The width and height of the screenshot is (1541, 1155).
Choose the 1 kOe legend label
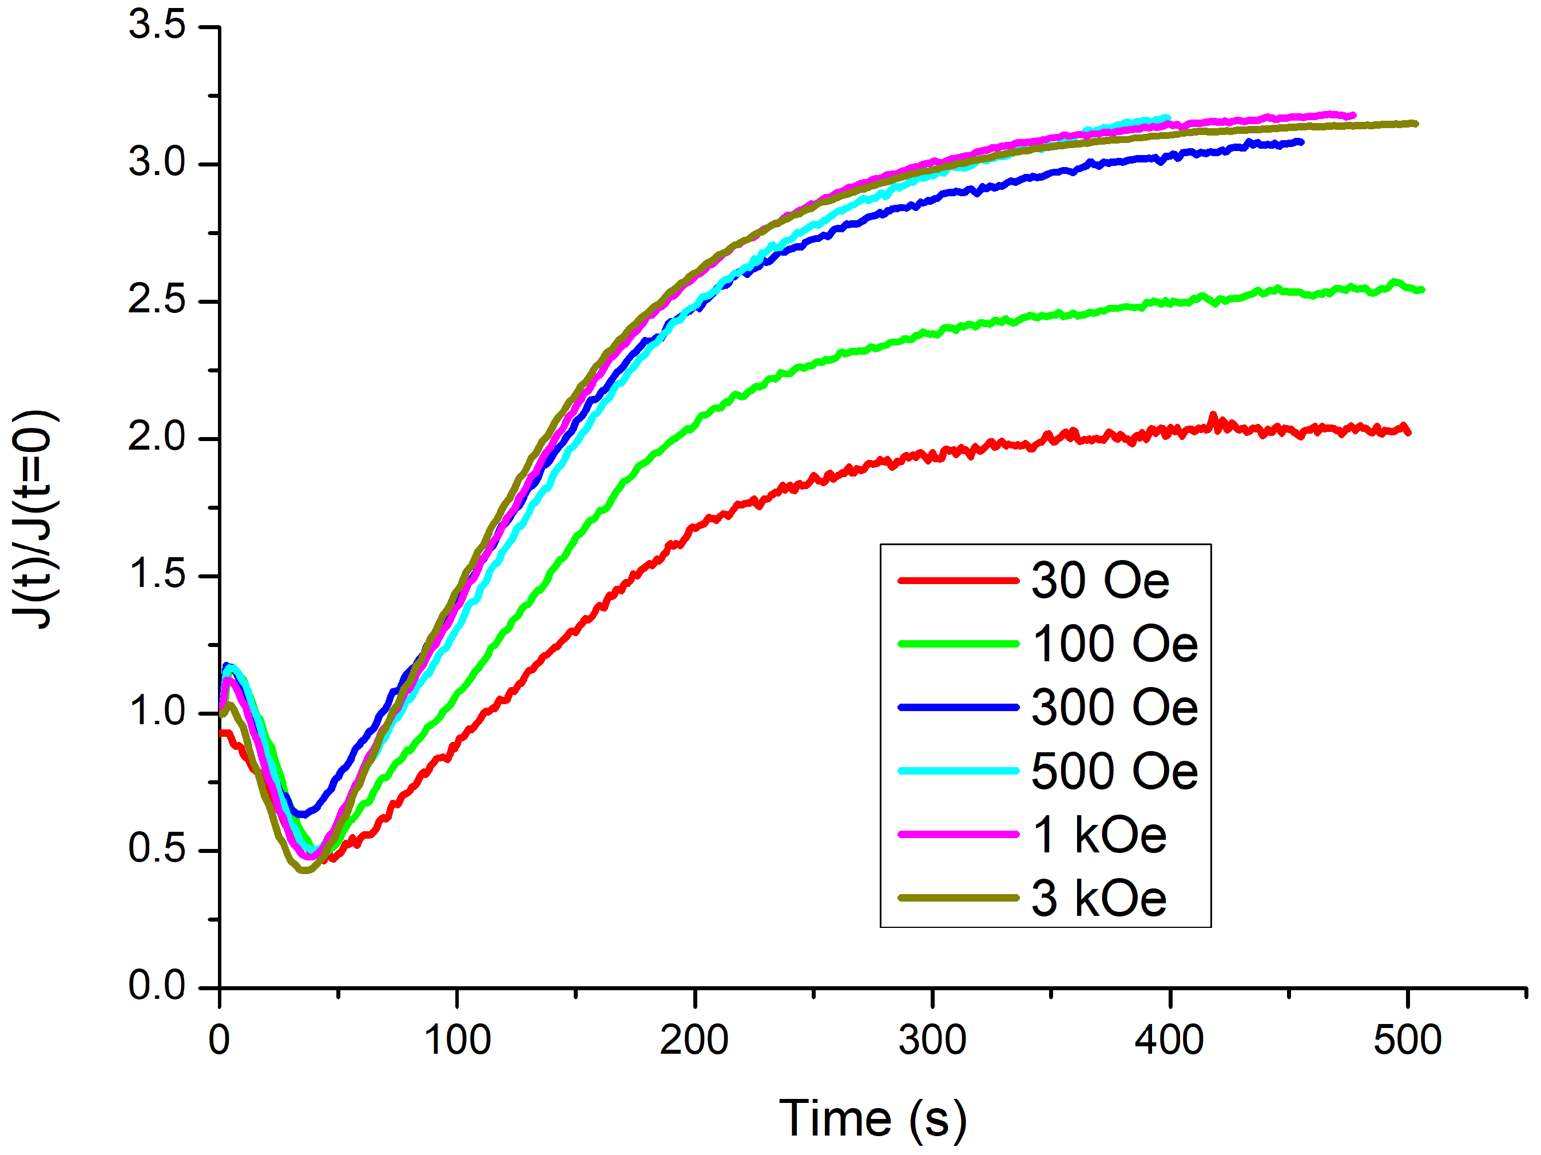[1099, 835]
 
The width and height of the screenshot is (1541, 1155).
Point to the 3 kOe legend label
[1099, 898]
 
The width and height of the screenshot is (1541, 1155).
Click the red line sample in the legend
[958, 580]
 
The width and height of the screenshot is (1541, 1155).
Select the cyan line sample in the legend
[958, 771]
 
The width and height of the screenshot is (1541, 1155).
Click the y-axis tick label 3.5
[157, 25]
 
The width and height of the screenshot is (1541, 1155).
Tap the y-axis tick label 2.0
[157, 438]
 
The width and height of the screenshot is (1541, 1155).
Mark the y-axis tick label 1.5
[157, 575]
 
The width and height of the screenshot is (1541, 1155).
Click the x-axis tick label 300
[932, 1041]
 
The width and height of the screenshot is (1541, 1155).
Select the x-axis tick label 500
[1407, 1041]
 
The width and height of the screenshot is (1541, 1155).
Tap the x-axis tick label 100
[457, 1041]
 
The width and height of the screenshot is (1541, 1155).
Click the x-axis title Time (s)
[872, 1120]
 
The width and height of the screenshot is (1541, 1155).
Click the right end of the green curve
[1421, 290]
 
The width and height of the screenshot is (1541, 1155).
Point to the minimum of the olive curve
[304, 870]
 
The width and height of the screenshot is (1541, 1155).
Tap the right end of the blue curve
[1301, 142]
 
